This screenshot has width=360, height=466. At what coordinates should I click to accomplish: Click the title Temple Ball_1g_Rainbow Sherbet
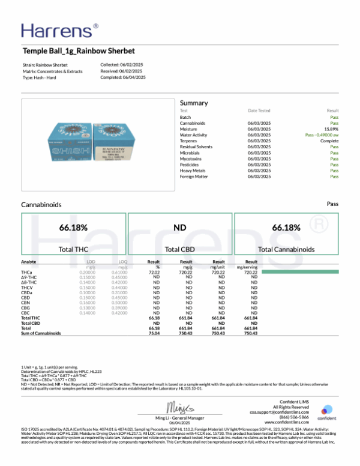click(x=78, y=52)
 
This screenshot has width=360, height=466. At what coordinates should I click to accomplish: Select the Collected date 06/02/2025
click(x=133, y=64)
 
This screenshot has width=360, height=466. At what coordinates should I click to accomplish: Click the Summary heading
click(x=193, y=103)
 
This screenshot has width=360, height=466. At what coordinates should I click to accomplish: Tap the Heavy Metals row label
click(x=193, y=171)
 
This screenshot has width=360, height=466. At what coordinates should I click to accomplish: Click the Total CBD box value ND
click(x=179, y=228)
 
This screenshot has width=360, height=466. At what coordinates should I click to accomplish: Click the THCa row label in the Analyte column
click(x=26, y=272)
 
